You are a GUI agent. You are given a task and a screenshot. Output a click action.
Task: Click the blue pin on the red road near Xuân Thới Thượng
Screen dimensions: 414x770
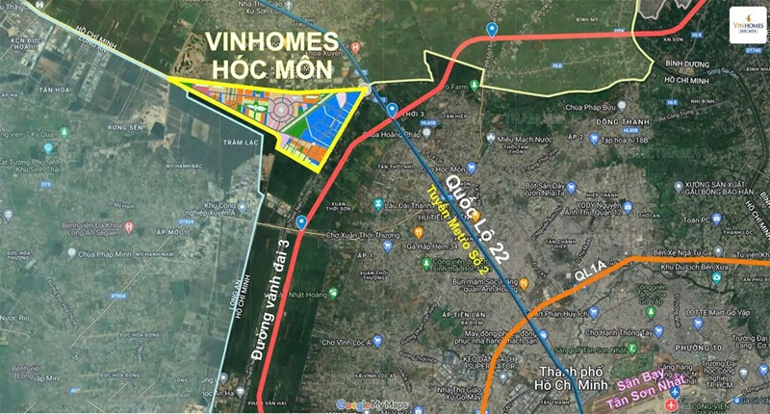(301, 222)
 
